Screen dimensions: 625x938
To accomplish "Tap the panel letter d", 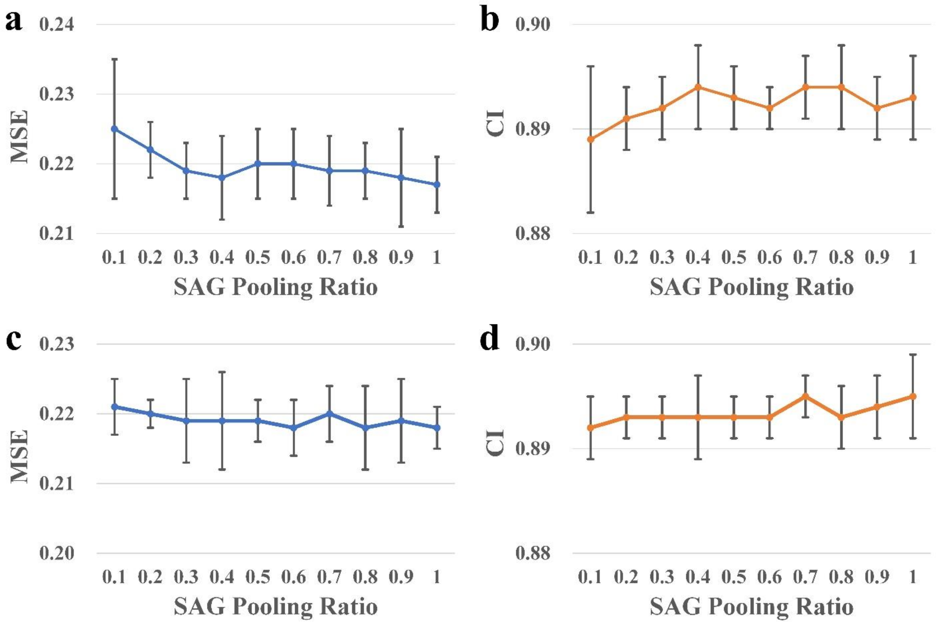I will pyautogui.click(x=489, y=339).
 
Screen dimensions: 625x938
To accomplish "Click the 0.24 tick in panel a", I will pyautogui.click(x=57, y=25).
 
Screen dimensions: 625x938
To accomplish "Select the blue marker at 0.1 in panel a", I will pyautogui.click(x=114, y=129).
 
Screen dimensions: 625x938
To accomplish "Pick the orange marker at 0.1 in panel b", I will pyautogui.click(x=591, y=139).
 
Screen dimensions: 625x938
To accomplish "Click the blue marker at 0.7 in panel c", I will pyautogui.click(x=329, y=413).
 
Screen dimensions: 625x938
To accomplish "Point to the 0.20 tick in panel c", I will pyautogui.click(x=57, y=553).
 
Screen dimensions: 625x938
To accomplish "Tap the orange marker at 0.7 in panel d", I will pyautogui.click(x=805, y=396).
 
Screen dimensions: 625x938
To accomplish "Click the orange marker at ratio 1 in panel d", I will pyautogui.click(x=912, y=396).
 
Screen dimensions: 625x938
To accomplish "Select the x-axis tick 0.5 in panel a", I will pyautogui.click(x=258, y=257).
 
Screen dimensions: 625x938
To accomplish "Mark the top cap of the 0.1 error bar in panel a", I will pyautogui.click(x=114, y=59).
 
